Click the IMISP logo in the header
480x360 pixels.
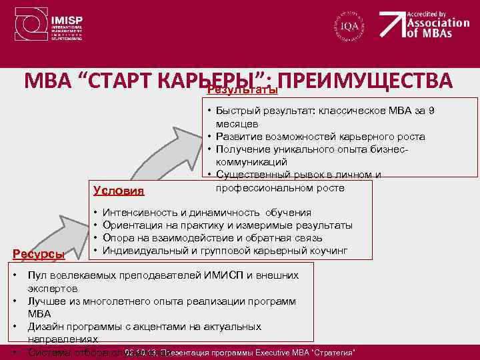tap(30, 27)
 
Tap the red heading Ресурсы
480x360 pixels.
tap(41, 254)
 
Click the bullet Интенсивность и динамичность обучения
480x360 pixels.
tap(207, 213)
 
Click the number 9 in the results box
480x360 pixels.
tap(431, 111)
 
